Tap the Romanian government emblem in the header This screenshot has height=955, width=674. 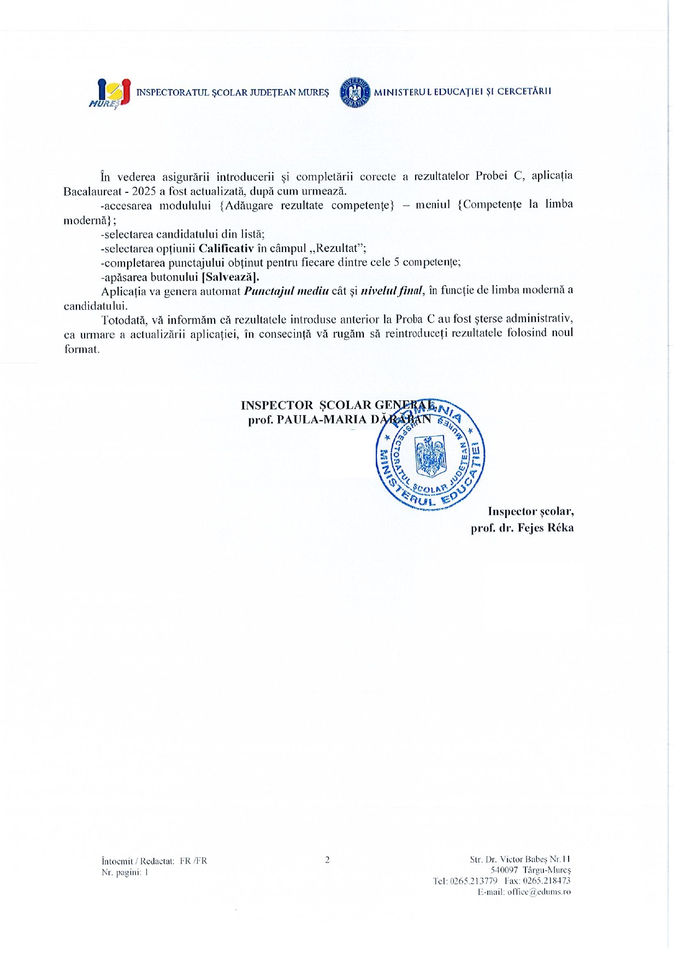[354, 92]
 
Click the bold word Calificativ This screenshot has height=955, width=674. [222, 248]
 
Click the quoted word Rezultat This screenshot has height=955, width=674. [337, 248]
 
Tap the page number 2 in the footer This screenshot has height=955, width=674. [327, 860]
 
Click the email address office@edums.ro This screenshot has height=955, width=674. [539, 892]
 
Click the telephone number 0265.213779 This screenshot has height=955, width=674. [474, 881]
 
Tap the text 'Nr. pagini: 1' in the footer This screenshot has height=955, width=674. [125, 872]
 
